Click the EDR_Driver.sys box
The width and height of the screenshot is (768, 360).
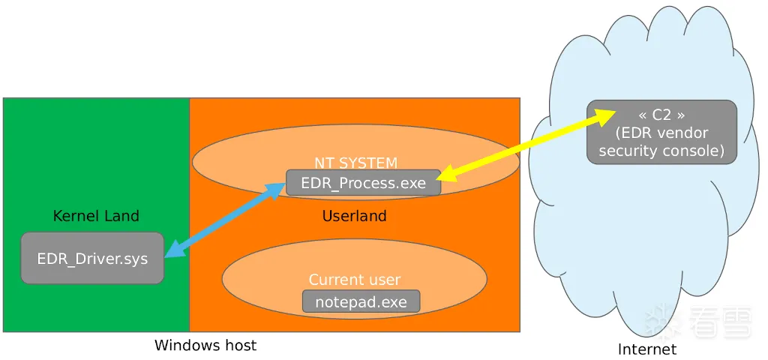click(92, 259)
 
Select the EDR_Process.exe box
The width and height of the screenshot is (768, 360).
click(363, 183)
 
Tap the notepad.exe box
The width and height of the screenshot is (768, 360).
click(361, 302)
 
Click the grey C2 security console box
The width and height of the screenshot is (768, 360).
click(661, 132)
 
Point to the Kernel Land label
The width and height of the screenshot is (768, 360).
click(96, 216)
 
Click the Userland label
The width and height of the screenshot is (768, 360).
click(354, 216)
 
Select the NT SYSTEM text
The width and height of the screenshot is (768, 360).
click(355, 163)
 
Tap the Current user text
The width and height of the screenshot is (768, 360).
click(355, 280)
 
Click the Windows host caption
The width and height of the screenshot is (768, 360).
click(205, 346)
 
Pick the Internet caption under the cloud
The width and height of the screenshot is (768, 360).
click(646, 349)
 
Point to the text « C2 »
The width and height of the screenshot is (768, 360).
click(661, 115)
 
